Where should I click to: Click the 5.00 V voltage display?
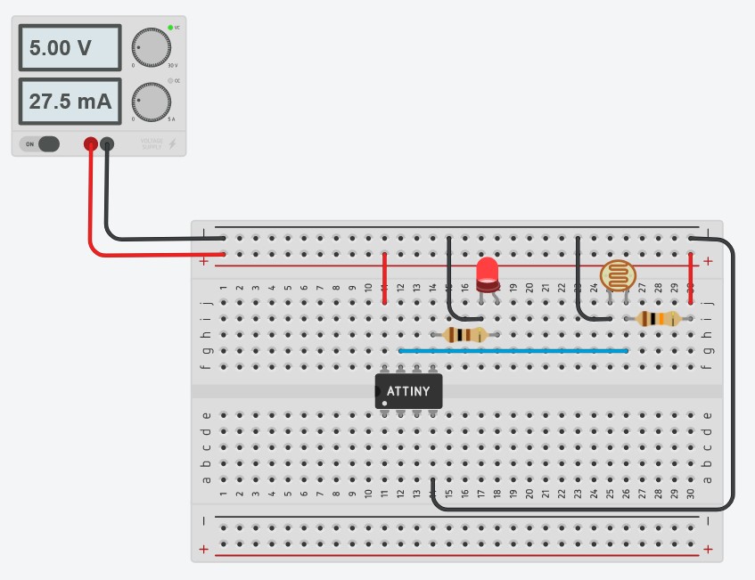click(70, 47)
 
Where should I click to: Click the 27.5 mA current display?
click(70, 102)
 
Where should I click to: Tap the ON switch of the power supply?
click(40, 143)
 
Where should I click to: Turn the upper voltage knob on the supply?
click(151, 45)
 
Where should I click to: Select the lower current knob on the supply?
click(151, 101)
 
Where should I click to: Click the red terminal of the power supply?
click(90, 143)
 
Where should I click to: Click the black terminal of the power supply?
click(107, 143)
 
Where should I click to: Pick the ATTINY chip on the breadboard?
click(408, 391)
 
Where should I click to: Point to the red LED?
click(488, 274)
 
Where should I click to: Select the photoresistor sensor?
click(618, 274)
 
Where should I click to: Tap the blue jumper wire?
click(513, 351)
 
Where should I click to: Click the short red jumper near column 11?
click(384, 278)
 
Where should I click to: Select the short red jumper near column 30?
click(691, 278)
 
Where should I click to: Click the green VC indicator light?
click(169, 28)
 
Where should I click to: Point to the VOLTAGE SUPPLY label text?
click(152, 143)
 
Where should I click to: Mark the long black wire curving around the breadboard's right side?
click(733, 374)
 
